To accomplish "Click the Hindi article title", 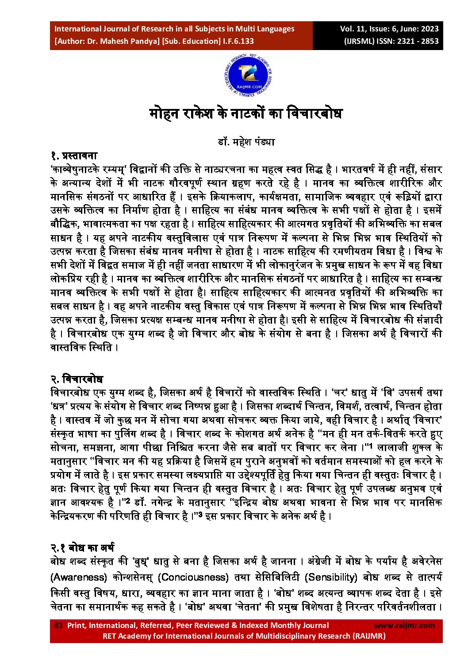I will (x=246, y=114).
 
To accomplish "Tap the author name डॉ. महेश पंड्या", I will (x=246, y=142).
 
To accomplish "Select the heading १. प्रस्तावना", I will (x=73, y=156).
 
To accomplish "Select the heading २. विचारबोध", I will (x=77, y=379).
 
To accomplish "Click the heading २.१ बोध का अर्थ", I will (x=82, y=548).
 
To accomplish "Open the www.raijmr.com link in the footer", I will (x=404, y=625).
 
